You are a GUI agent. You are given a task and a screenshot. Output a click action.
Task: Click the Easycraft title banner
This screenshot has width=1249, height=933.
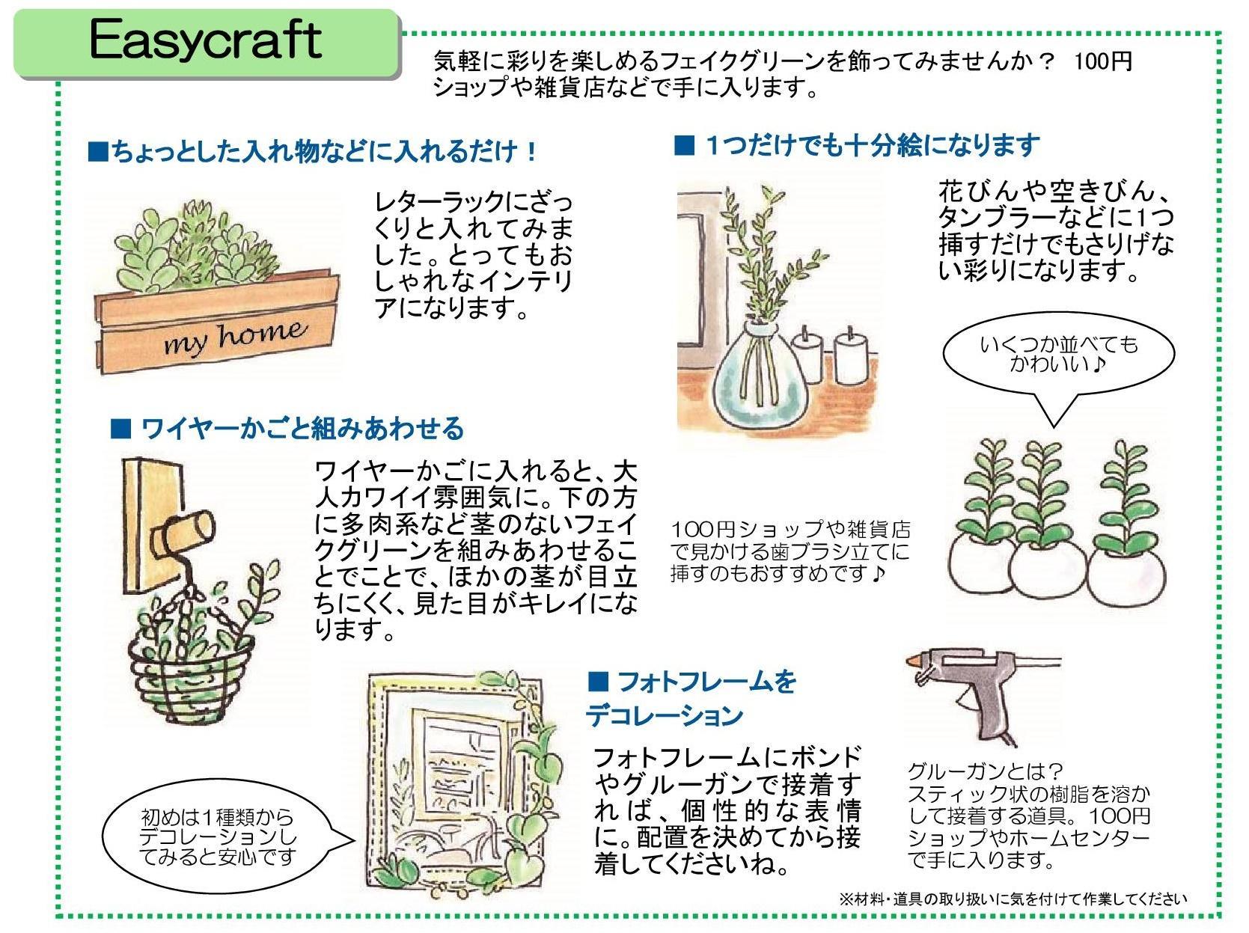coord(206,42)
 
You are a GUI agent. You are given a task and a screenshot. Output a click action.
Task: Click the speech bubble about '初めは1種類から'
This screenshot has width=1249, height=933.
coord(219,836)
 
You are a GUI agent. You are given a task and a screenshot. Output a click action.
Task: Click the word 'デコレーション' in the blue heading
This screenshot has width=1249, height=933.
coord(664,716)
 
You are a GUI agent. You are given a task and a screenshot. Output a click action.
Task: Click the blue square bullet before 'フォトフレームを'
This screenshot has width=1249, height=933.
coord(599,682)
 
